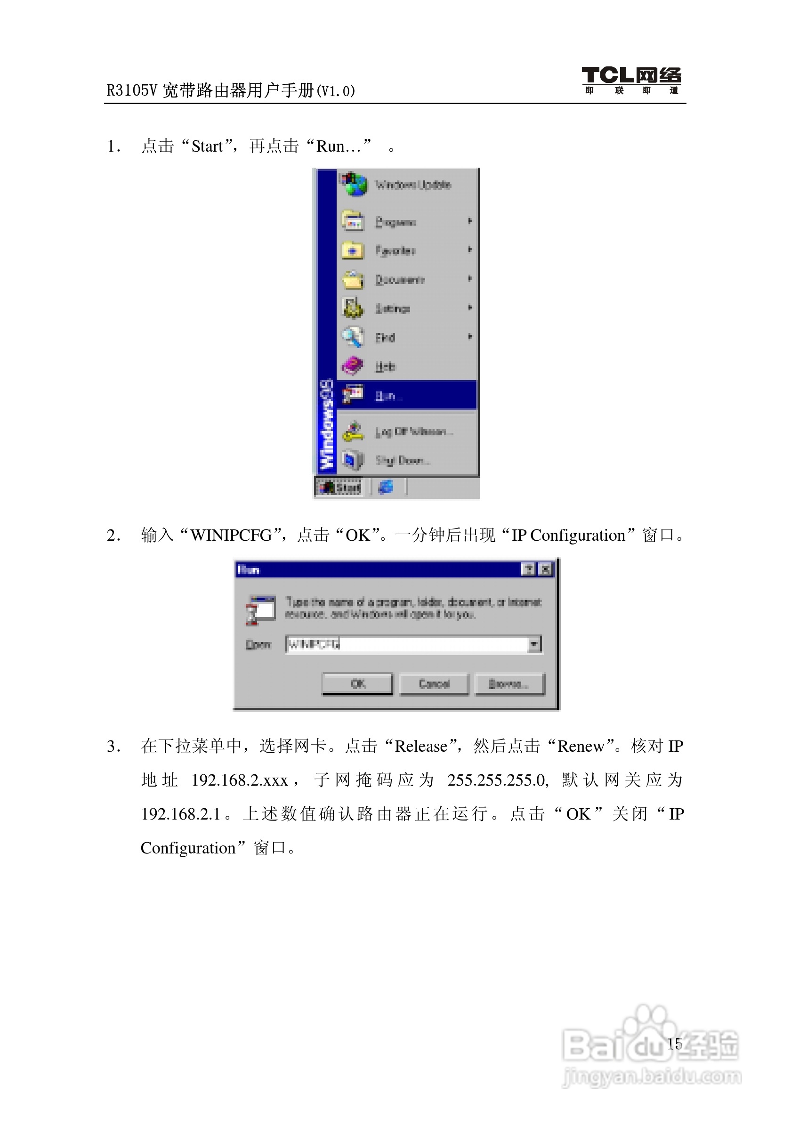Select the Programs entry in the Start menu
[395, 222]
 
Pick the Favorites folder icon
[353, 251]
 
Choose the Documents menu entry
[400, 280]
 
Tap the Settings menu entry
[393, 309]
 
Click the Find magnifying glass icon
[352, 337]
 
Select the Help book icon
[352, 366]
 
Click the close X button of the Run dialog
[546, 569]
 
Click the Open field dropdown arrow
[535, 644]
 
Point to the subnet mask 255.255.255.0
[498, 780]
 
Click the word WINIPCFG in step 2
[231, 536]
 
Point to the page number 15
[675, 1044]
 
